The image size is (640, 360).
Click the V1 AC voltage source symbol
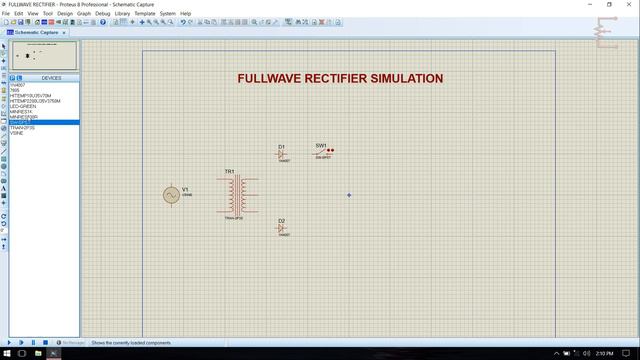[171, 195]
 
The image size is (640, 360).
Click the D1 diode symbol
[282, 154]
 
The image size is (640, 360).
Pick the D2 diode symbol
[282, 229]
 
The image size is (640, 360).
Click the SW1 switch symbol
[323, 152]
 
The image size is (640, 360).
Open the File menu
[6, 13]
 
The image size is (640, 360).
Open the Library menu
[122, 13]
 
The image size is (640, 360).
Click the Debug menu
[102, 13]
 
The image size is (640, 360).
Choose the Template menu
[145, 13]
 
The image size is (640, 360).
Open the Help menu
[185, 13]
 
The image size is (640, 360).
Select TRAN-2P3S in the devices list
[23, 128]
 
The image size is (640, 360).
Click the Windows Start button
[7, 354]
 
